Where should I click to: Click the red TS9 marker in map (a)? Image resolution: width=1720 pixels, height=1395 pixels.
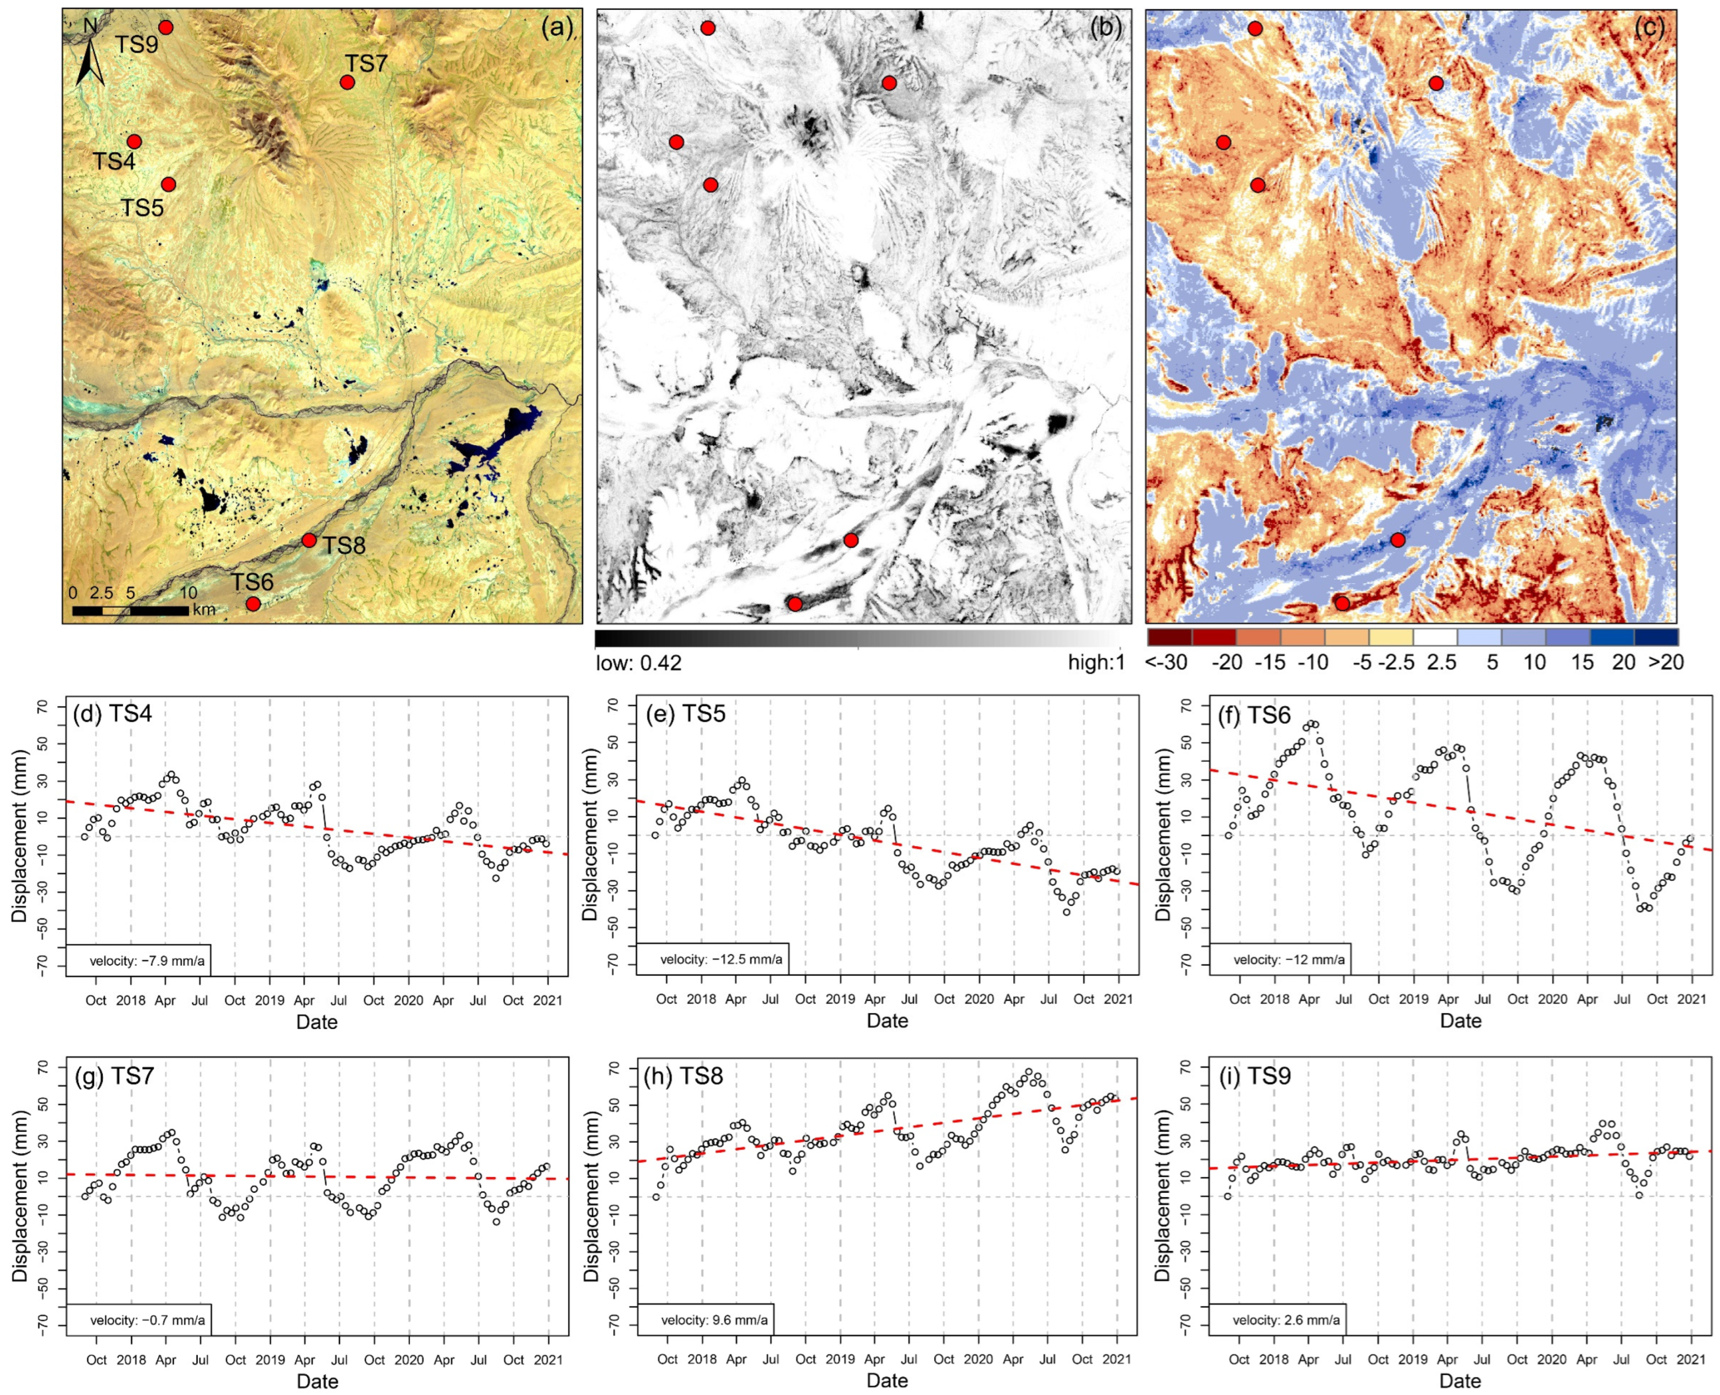(x=165, y=27)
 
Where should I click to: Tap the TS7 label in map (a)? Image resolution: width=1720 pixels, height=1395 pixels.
(x=367, y=64)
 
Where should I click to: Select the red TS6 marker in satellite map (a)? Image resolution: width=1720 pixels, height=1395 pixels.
(x=253, y=603)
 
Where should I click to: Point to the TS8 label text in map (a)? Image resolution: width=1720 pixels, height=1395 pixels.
(x=344, y=546)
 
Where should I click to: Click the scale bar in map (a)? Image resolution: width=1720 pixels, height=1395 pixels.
(x=131, y=611)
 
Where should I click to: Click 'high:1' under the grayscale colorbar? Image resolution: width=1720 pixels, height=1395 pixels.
(x=1095, y=663)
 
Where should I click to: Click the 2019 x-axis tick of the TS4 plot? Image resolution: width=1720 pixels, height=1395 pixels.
(x=269, y=1001)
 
